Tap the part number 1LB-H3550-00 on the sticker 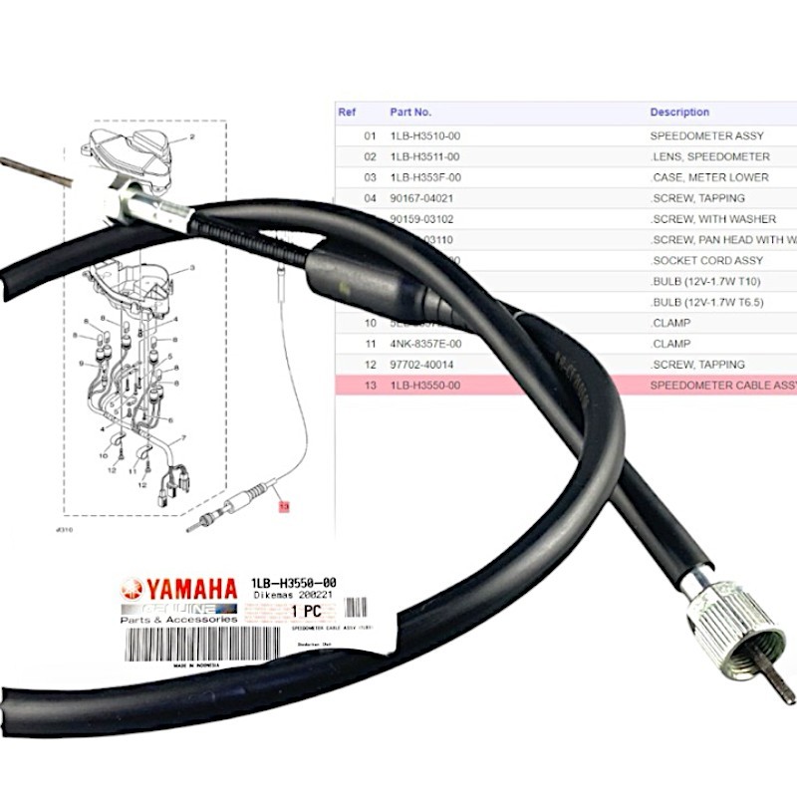pos(292,583)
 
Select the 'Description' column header pos(679,113)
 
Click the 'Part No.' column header pos(409,113)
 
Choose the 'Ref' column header pos(347,113)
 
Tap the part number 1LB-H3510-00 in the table pos(424,135)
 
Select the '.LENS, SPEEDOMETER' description pos(709,156)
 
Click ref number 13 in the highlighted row pos(371,386)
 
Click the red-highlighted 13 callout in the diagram pos(283,507)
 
